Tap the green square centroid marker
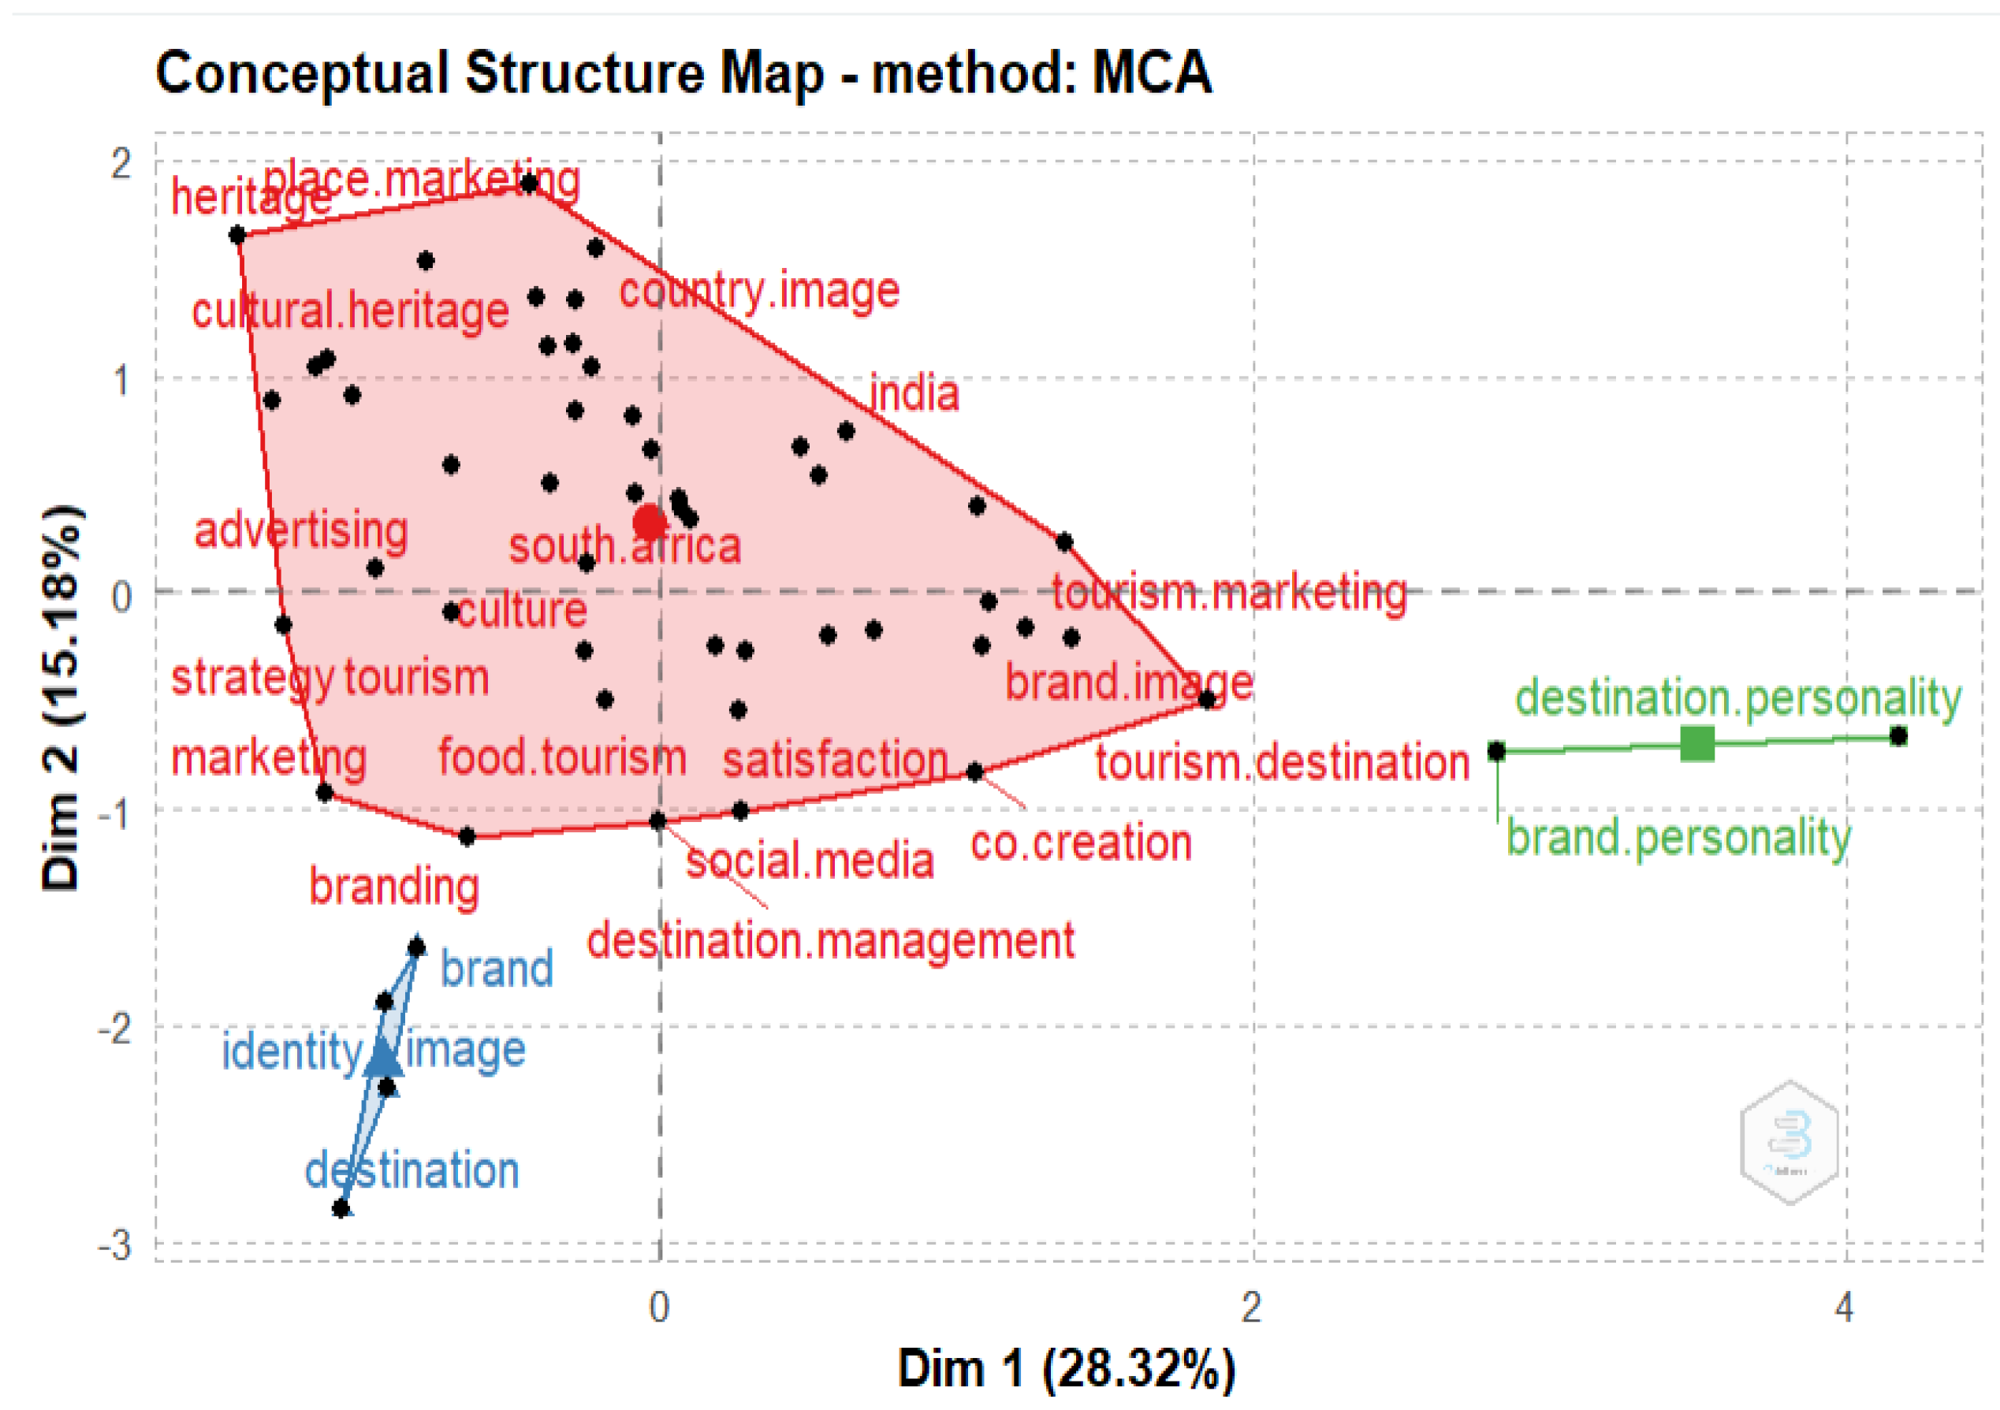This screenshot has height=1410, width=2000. (x=1696, y=744)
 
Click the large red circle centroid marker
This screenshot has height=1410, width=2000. (x=650, y=523)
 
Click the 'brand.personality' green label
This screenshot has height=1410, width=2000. (x=1678, y=838)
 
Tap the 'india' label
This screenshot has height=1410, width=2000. (x=914, y=393)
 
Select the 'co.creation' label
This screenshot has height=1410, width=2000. (x=1081, y=843)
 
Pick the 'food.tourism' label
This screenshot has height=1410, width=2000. (x=562, y=756)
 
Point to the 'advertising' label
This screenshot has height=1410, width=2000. (x=300, y=530)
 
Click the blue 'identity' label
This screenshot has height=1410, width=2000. (x=291, y=1051)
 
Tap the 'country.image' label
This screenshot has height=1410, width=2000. (x=758, y=291)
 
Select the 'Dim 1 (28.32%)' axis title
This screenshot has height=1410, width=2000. (x=1066, y=1368)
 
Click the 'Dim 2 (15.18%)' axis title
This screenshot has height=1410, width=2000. (x=63, y=697)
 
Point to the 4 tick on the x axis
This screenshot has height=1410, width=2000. (x=1843, y=1308)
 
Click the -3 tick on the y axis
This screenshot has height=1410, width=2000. (x=115, y=1246)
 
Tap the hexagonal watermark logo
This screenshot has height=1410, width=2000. (x=1790, y=1142)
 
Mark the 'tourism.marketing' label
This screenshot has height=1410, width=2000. (x=1229, y=593)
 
